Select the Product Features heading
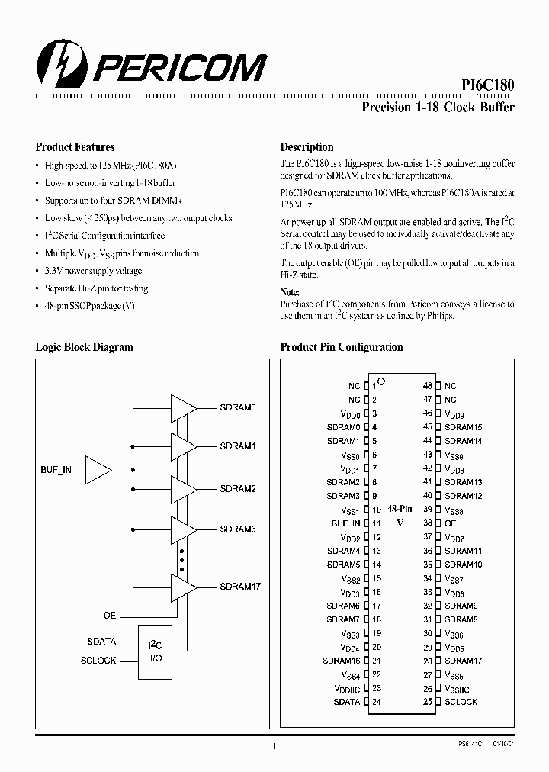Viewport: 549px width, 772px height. click(x=75, y=147)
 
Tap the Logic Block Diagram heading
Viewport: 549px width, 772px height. click(x=85, y=347)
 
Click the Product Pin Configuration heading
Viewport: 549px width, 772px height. click(x=342, y=347)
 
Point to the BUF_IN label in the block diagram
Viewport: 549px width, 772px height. click(x=56, y=470)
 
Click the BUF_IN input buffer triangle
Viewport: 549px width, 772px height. click(x=97, y=470)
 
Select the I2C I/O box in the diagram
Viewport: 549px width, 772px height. click(x=155, y=652)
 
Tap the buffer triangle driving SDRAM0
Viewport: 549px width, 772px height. click(x=183, y=408)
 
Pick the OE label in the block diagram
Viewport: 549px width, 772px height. click(x=110, y=614)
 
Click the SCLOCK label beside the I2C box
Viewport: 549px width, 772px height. click(x=98, y=661)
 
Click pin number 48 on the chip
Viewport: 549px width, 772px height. click(x=428, y=386)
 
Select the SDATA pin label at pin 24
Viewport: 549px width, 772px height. click(x=346, y=702)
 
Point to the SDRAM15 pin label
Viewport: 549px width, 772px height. click(x=463, y=427)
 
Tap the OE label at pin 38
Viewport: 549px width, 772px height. click(x=450, y=523)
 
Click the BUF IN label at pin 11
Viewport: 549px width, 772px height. click(x=345, y=523)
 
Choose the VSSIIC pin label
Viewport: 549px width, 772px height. click(x=461, y=688)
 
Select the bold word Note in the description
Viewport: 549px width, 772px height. click(x=290, y=292)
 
